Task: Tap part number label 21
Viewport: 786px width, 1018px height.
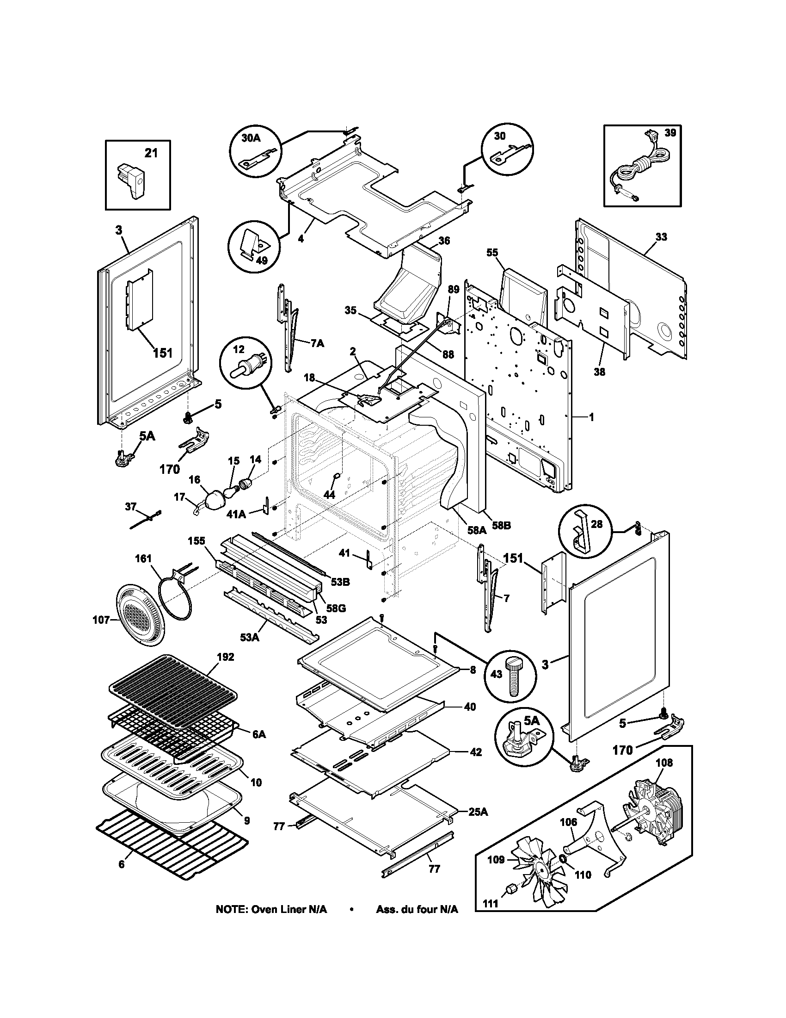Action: [x=150, y=152]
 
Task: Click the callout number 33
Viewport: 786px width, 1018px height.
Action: [x=661, y=237]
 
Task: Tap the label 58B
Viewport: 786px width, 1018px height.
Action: [x=502, y=525]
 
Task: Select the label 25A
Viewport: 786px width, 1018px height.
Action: [x=478, y=812]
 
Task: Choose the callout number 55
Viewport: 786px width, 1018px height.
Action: [x=492, y=252]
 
